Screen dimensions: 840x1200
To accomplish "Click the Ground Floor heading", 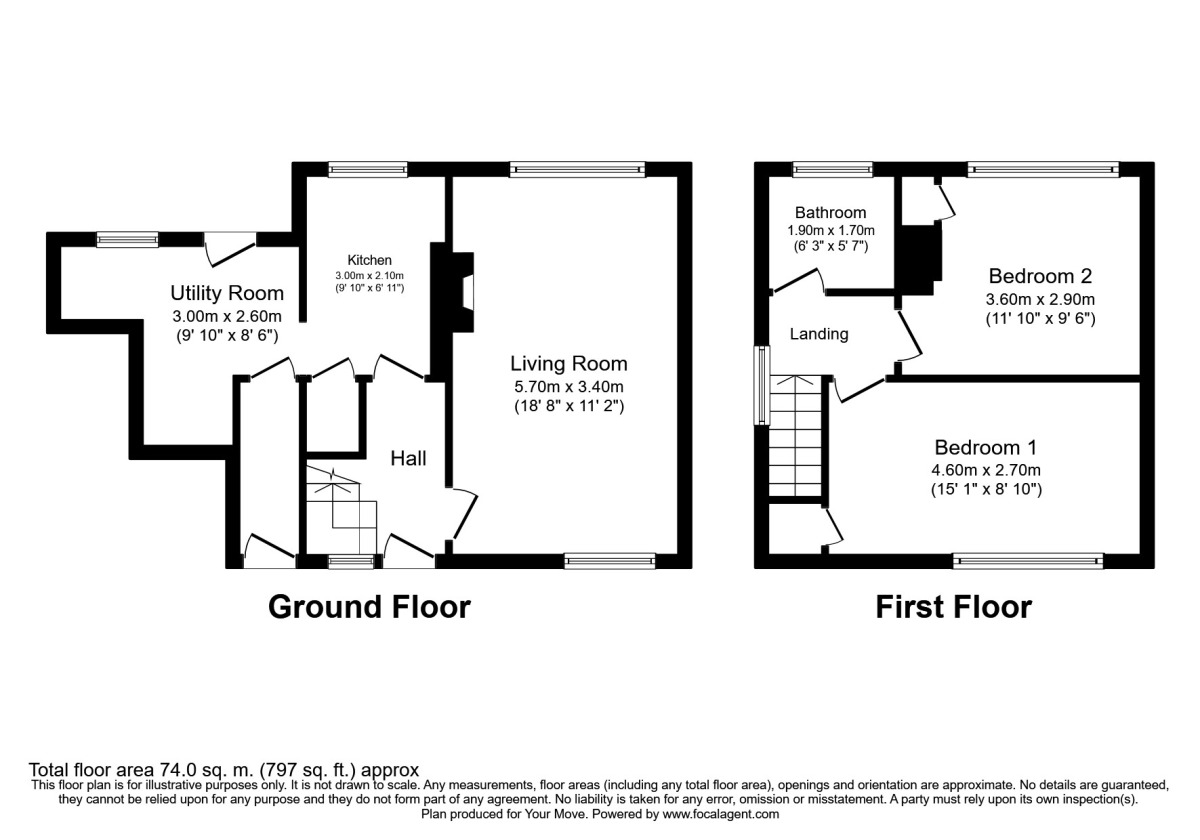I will click(369, 606).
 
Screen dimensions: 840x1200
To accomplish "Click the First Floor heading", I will click(953, 606).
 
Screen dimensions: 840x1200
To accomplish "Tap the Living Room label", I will click(569, 363).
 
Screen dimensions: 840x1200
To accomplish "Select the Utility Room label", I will click(226, 294).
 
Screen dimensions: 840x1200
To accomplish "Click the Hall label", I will click(408, 459).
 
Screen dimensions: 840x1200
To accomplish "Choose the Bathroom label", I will click(830, 213).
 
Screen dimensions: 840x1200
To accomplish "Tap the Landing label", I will click(819, 334).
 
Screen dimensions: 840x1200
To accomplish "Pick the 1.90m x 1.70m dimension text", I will click(830, 230).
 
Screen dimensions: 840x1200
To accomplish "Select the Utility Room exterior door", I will click(230, 248).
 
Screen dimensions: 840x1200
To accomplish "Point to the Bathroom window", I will click(832, 169).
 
